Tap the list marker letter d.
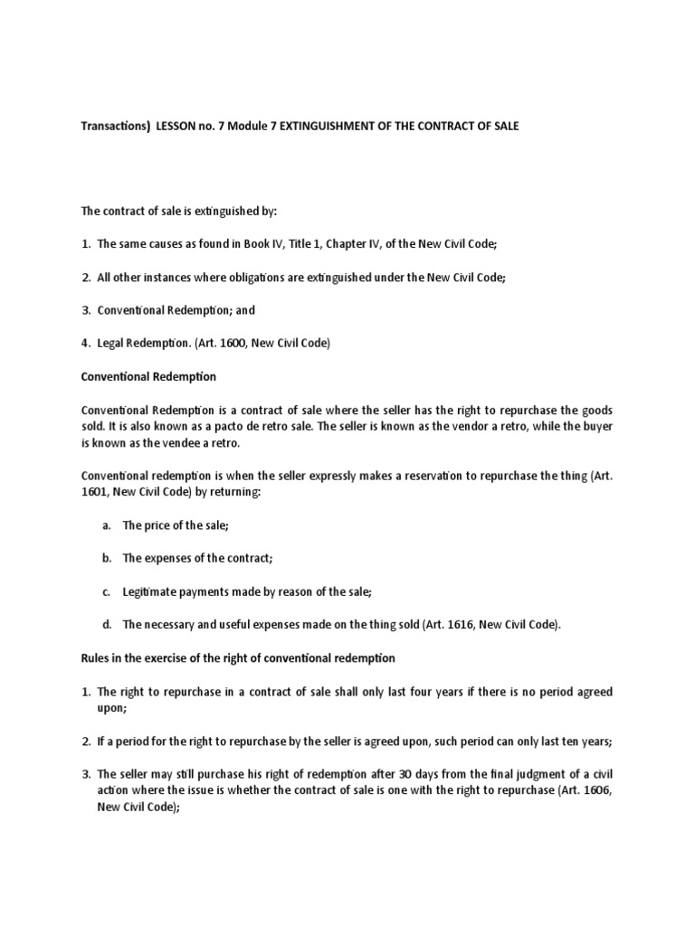[x=106, y=624]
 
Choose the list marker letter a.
[x=106, y=524]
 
